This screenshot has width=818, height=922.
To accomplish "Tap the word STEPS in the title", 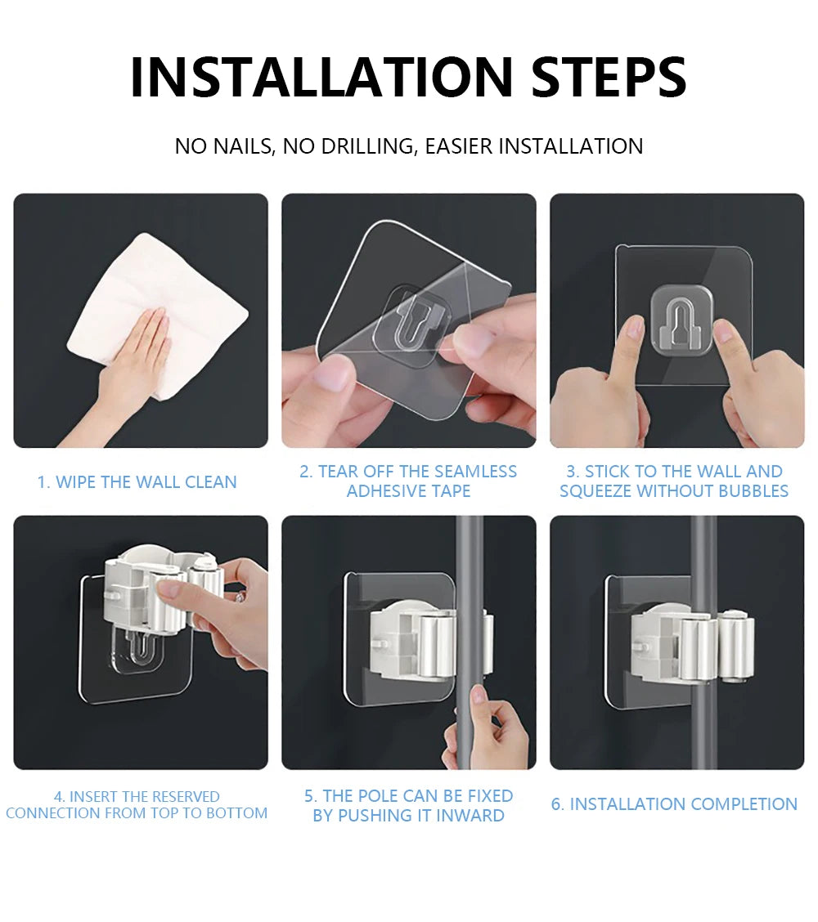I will tap(609, 78).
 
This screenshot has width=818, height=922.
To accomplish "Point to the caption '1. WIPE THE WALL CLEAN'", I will tap(137, 482).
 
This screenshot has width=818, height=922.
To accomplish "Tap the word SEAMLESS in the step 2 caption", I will tap(476, 472).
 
